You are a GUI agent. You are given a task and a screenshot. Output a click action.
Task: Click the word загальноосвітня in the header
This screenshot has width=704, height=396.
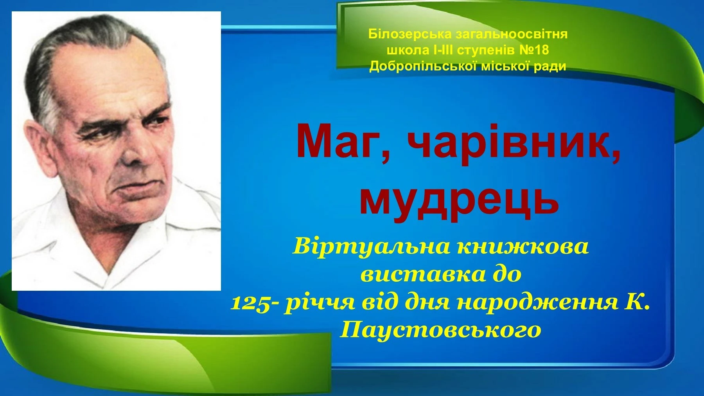pos(511,34)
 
